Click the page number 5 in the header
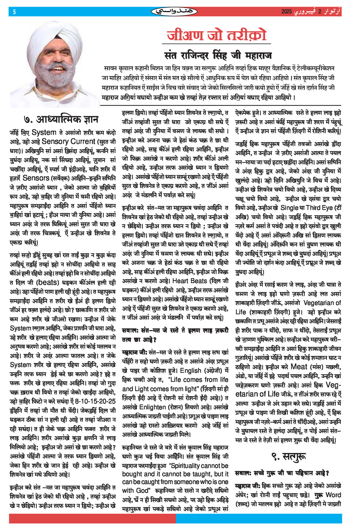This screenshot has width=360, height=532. click(x=14, y=12)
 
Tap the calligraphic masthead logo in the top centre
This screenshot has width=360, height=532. click(x=174, y=12)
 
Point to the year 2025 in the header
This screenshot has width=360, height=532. click(x=286, y=12)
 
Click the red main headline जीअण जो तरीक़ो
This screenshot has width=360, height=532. click(x=217, y=35)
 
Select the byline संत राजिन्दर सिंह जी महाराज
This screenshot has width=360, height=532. click(x=218, y=56)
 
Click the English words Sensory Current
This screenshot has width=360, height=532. click(x=68, y=142)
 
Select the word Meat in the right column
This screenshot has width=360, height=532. click(x=299, y=367)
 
